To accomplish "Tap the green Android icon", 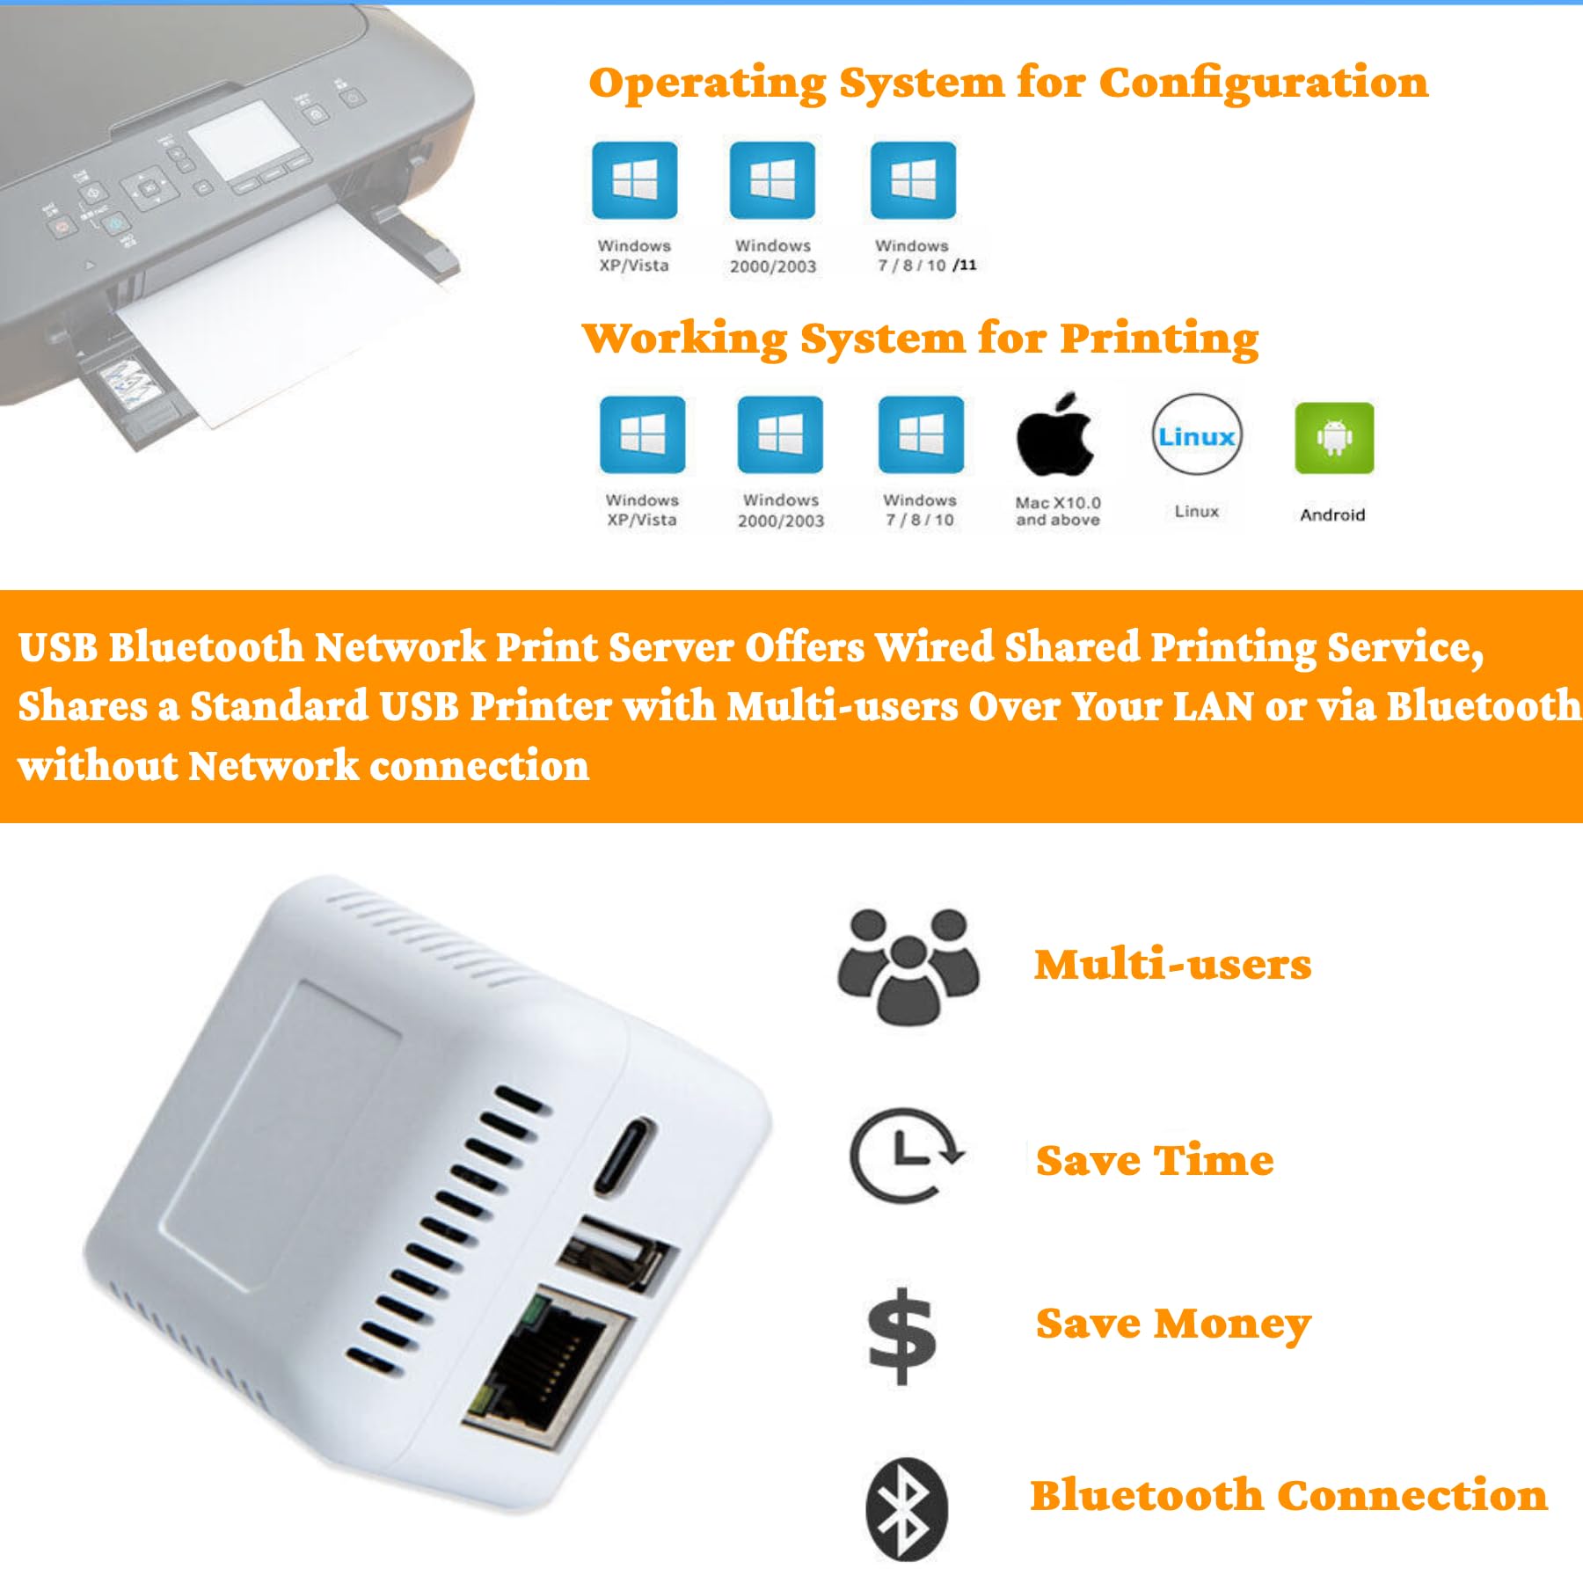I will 1333,437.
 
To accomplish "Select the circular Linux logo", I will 1196,436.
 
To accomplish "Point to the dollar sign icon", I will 901,1336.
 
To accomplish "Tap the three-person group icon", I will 908,967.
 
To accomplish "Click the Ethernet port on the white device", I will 548,1362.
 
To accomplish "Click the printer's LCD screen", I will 241,140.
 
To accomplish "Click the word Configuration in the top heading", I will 1263,83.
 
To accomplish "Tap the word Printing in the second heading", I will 1158,339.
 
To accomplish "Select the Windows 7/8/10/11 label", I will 923,256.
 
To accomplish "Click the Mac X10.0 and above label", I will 1057,511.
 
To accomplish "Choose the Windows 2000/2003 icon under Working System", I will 779,434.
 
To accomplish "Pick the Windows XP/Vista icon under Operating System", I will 634,179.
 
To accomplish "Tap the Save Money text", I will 1172,1324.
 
